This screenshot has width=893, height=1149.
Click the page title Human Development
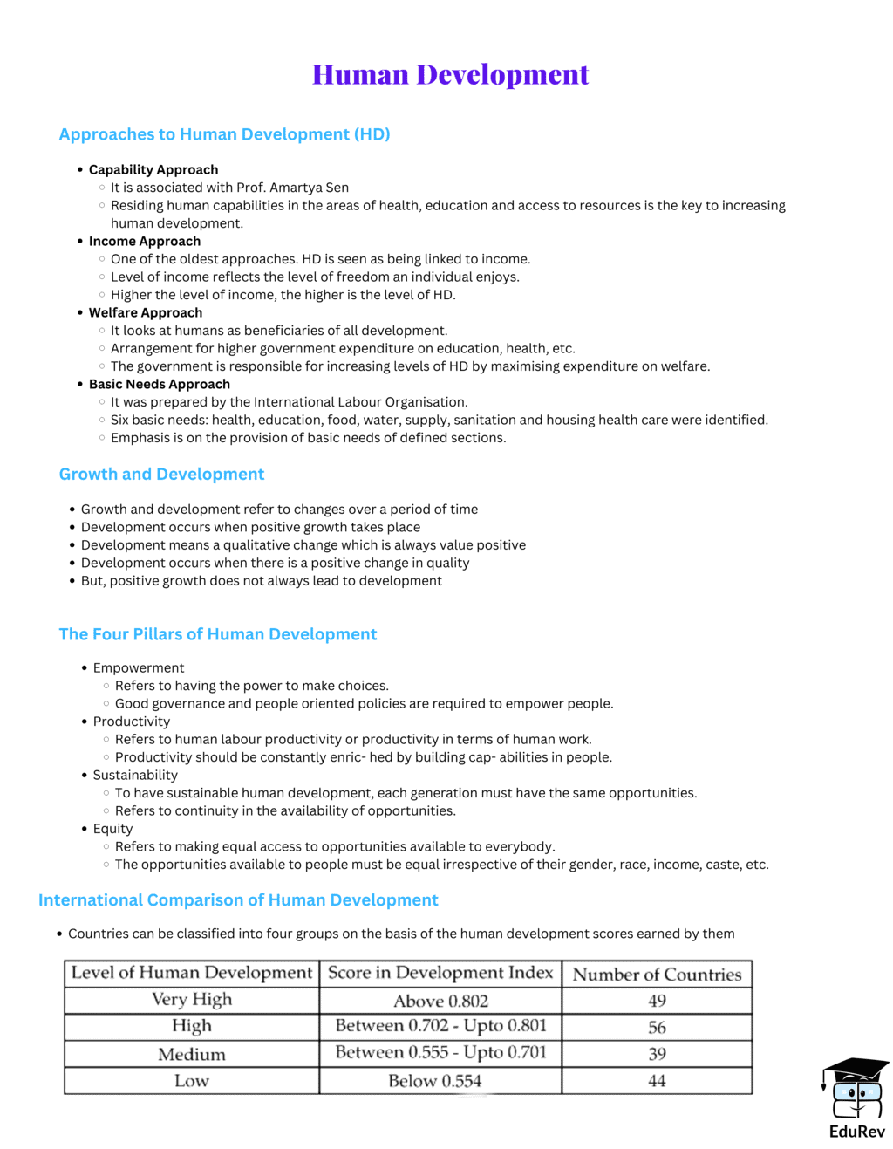click(x=450, y=75)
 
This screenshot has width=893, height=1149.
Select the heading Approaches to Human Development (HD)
click(x=224, y=134)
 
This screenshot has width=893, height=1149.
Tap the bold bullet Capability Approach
click(x=153, y=169)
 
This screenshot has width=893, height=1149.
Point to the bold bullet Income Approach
click(x=145, y=241)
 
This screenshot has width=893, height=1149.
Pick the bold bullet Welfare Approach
click(x=146, y=312)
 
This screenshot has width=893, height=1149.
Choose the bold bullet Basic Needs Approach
click(x=160, y=384)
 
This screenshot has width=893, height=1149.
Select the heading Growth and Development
click(x=161, y=474)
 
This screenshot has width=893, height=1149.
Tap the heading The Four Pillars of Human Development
click(x=218, y=634)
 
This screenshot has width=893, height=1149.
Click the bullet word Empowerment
click(x=139, y=667)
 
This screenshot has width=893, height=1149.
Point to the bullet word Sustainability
click(x=135, y=775)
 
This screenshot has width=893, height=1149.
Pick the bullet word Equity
click(x=113, y=829)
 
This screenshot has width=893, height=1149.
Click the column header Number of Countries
click(x=657, y=975)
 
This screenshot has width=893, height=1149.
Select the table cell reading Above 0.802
click(x=440, y=1001)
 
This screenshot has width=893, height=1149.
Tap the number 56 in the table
click(x=657, y=1028)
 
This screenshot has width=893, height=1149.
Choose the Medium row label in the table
click(x=192, y=1054)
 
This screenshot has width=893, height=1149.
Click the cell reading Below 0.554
click(x=434, y=1081)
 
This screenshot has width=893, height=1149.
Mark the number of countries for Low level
click(x=657, y=1081)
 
